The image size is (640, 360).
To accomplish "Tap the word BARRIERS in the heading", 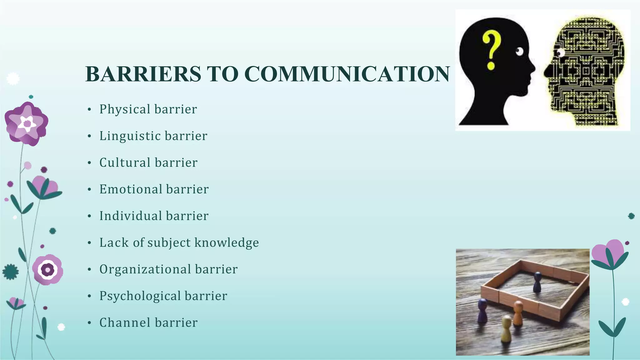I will coord(143,74).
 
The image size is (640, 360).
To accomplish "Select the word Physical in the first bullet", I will coord(125,109).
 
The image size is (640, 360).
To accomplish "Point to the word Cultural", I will coord(125,163).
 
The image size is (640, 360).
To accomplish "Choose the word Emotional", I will coord(131,189).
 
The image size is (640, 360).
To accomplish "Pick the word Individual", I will coord(131,216).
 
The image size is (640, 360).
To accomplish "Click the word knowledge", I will coord(227,243).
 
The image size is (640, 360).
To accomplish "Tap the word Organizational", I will coord(145,269).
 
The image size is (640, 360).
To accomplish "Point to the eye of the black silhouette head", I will coord(519,51).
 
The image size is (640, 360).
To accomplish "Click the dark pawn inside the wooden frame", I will coord(537,282).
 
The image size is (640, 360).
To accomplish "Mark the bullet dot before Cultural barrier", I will coord(89,163).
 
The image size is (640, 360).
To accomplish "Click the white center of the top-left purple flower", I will coord(27,123).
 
